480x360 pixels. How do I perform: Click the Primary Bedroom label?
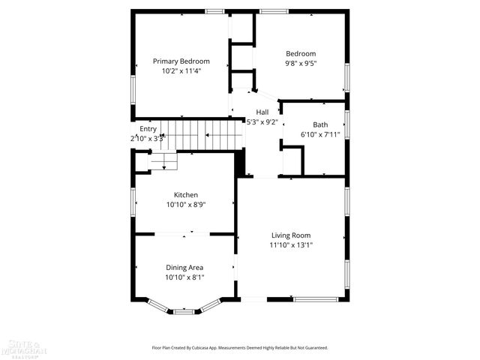[x=181, y=61]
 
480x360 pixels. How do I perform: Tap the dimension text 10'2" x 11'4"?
[x=181, y=70]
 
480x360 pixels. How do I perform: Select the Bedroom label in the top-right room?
[x=301, y=53]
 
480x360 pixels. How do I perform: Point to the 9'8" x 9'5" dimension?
[x=301, y=63]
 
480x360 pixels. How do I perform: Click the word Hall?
[x=262, y=112]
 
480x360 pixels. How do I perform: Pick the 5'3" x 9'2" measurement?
[x=262, y=121]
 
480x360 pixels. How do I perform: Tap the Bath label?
[x=320, y=124]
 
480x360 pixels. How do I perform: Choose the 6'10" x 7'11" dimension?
[x=320, y=134]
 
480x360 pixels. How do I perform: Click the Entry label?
[x=148, y=129]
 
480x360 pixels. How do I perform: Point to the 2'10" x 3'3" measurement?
[x=148, y=138]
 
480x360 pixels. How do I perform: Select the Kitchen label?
[x=186, y=194]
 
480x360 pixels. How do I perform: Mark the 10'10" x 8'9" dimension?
[x=186, y=204]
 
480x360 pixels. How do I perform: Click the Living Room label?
[x=291, y=235]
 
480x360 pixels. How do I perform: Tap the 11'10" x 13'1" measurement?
[x=291, y=244]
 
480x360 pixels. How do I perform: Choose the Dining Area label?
[x=184, y=267]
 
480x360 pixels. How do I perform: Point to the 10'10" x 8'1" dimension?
[x=184, y=277]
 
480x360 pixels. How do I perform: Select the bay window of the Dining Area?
[x=184, y=307]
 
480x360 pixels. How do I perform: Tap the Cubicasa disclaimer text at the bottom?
[x=240, y=348]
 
